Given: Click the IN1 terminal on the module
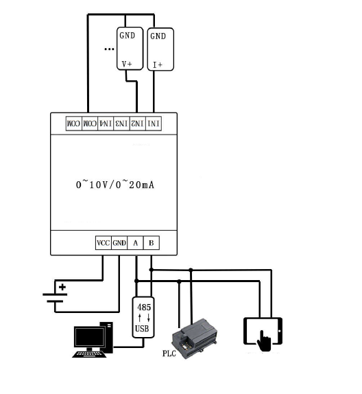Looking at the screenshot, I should [x=154, y=124].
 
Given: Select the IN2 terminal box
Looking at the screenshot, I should [x=138, y=124].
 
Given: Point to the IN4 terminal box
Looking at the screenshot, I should [x=106, y=124].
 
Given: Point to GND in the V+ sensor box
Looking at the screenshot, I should [x=128, y=36].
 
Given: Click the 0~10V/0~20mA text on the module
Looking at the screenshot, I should [x=114, y=185].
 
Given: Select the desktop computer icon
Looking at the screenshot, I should [x=92, y=340].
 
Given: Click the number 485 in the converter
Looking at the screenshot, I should [x=144, y=307].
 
